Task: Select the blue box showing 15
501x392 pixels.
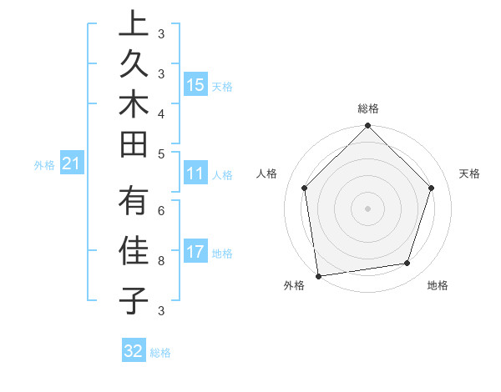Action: point(195,85)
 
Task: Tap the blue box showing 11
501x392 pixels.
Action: point(195,174)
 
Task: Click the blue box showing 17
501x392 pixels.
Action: point(195,253)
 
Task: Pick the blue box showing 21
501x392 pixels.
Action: point(72,164)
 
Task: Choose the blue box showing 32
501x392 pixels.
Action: point(134,352)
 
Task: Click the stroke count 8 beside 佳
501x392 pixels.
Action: point(161,261)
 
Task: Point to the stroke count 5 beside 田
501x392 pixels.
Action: point(161,153)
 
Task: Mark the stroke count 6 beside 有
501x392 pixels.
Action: point(161,211)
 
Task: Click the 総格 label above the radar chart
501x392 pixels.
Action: point(368,109)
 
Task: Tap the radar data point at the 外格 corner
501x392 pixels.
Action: point(318,275)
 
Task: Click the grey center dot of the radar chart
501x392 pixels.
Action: point(368,208)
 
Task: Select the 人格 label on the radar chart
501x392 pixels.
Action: point(266,173)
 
